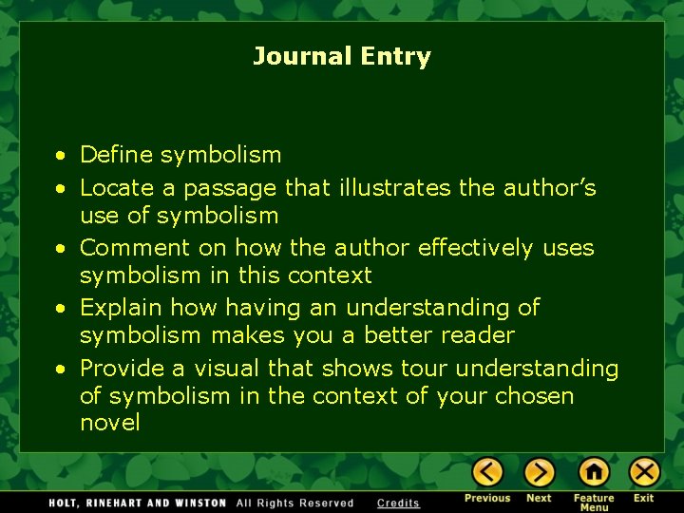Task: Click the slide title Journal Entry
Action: pyautogui.click(x=342, y=57)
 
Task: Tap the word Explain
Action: pyautogui.click(x=119, y=308)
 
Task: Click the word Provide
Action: pyautogui.click(x=122, y=368)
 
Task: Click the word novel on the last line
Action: pyautogui.click(x=110, y=423)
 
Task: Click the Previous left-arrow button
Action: pyautogui.click(x=487, y=471)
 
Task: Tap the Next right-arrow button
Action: pyautogui.click(x=539, y=471)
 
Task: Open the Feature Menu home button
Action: pyautogui.click(x=594, y=471)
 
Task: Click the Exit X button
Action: pyautogui.click(x=644, y=471)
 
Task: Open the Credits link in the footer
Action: pyautogui.click(x=398, y=503)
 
